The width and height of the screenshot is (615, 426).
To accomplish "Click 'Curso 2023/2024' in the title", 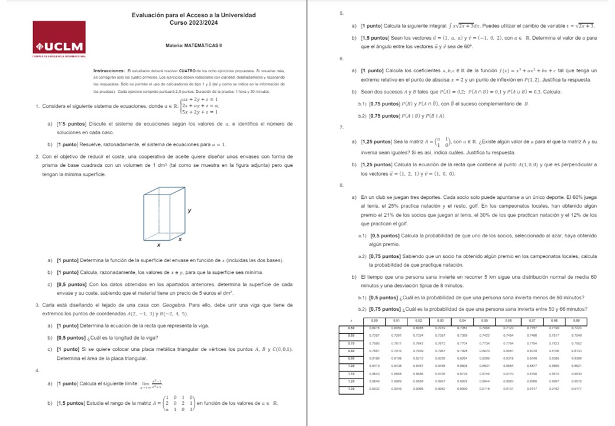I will [x=194, y=22].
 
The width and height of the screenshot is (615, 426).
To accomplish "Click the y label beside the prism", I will [x=189, y=211].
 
